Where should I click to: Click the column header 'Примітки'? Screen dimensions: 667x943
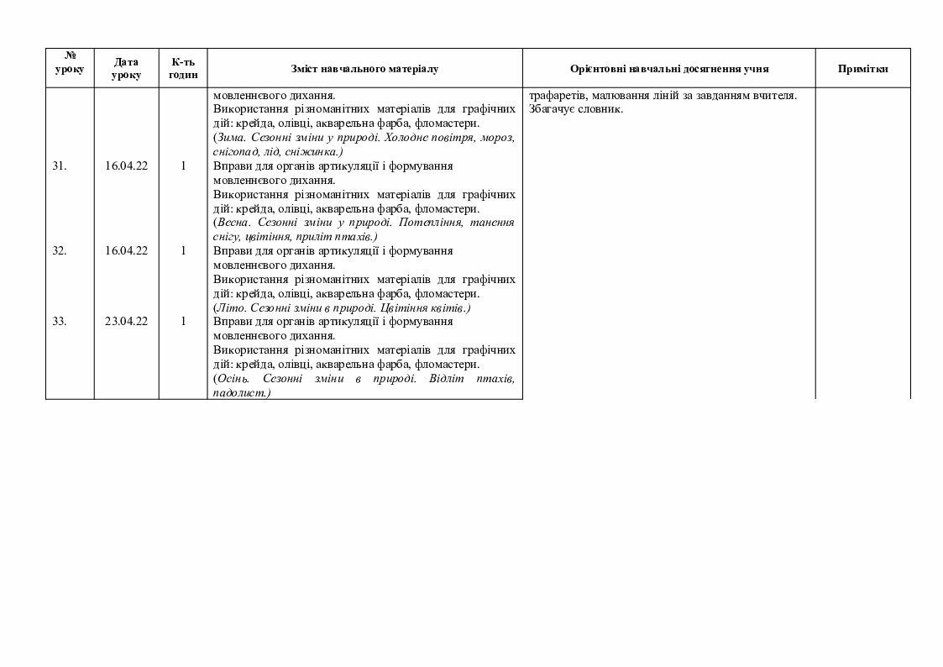pyautogui.click(x=862, y=69)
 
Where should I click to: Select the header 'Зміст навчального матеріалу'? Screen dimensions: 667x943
pyautogui.click(x=364, y=69)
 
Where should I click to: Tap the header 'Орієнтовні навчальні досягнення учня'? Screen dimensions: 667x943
pyautogui.click(x=668, y=69)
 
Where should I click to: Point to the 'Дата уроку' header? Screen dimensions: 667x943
pyautogui.click(x=126, y=69)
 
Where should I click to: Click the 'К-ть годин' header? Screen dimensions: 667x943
pyautogui.click(x=183, y=69)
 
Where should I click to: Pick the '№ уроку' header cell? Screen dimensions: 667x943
pyautogui.click(x=70, y=63)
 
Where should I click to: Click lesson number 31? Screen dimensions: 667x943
pyautogui.click(x=60, y=166)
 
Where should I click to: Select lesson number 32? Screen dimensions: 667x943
pyautogui.click(x=60, y=250)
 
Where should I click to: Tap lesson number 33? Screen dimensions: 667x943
pyautogui.click(x=60, y=321)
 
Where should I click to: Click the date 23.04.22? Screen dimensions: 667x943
pyautogui.click(x=126, y=321)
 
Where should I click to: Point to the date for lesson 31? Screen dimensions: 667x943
pyautogui.click(x=126, y=166)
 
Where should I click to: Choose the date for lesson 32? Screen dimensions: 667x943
pyautogui.click(x=126, y=250)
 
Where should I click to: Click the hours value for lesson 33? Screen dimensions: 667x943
pyautogui.click(x=183, y=321)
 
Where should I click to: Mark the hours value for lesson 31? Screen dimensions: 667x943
pyautogui.click(x=183, y=166)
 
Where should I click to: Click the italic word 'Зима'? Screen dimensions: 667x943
pyautogui.click(x=232, y=138)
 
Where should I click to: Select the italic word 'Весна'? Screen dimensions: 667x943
pyautogui.click(x=233, y=223)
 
